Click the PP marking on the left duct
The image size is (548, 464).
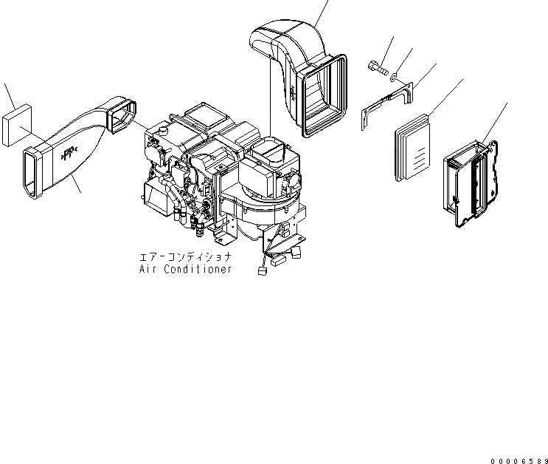[67, 153]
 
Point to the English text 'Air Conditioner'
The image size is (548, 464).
[185, 270]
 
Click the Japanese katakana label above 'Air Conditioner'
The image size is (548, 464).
[185, 257]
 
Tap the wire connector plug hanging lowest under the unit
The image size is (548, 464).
[261, 270]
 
